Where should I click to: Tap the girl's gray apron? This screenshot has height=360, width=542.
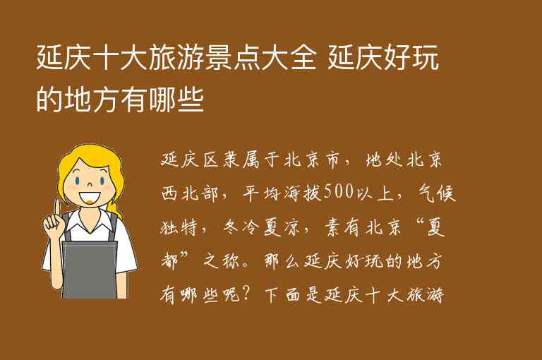click(x=90, y=268)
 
